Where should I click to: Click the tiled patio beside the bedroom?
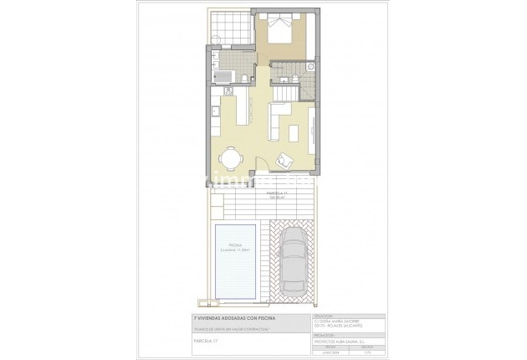click(229, 29)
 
